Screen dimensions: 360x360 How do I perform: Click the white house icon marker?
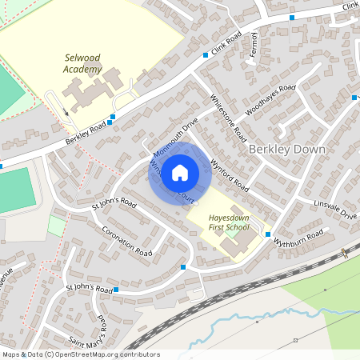coord(180,172)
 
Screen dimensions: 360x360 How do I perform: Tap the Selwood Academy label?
coord(82,63)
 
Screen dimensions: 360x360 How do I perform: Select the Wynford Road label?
coord(229,175)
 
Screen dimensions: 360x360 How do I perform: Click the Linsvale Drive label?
coord(337,210)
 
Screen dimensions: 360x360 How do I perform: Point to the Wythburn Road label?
coord(298,237)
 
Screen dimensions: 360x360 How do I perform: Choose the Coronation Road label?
coord(127,241)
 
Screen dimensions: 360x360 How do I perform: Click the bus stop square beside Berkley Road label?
coord(112,117)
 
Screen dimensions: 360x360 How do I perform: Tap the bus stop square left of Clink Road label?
coord(206,55)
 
